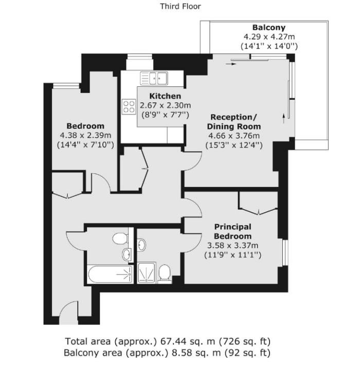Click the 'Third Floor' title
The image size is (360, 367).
click(181, 6)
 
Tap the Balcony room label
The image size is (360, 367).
click(269, 28)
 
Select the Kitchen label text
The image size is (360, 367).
click(165, 96)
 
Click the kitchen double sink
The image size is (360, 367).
click(154, 78)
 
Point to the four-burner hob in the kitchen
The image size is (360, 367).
click(129, 106)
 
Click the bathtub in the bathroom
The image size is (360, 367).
click(110, 273)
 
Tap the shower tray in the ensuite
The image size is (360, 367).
click(147, 272)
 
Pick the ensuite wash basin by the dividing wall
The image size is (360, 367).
click(141, 245)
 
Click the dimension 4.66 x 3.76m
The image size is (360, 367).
click(234, 136)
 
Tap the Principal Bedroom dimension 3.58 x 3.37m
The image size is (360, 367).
click(232, 246)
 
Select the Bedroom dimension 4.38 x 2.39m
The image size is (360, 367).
click(85, 135)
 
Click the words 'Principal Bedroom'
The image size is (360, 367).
click(233, 231)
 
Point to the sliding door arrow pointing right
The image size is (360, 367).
click(231, 64)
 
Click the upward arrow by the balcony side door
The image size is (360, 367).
click(284, 118)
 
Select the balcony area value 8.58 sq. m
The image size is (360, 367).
click(196, 353)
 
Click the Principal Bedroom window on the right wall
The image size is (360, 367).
click(285, 252)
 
